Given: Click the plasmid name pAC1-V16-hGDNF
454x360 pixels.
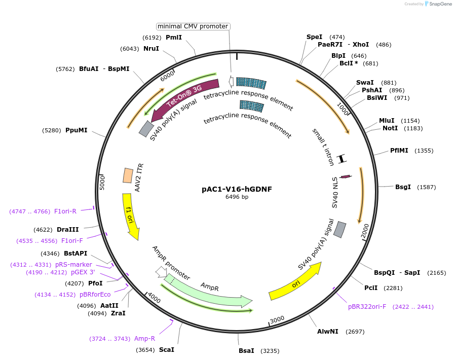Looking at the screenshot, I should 237,189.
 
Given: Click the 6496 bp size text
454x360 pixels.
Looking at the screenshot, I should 237,197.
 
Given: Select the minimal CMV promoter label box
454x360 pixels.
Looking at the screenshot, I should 193,26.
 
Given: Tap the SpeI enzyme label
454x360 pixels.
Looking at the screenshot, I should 314,37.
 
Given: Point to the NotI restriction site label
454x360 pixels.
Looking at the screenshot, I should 390,128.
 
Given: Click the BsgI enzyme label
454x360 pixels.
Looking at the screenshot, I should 403,187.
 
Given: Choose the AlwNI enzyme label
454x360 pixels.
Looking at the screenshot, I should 328,332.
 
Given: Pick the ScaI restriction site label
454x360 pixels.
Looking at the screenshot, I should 167,350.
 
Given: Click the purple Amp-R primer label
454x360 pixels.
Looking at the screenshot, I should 144,338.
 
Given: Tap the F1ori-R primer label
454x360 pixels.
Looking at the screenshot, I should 65,211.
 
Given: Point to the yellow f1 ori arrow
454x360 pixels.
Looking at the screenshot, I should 130,216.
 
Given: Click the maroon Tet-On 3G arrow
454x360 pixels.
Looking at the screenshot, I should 185,96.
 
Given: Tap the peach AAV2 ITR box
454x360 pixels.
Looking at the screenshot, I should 128,175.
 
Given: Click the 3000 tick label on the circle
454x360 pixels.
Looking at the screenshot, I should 277,318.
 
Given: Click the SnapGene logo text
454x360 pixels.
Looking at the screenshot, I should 439,4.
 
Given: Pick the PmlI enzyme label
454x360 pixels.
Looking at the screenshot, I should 174,37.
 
